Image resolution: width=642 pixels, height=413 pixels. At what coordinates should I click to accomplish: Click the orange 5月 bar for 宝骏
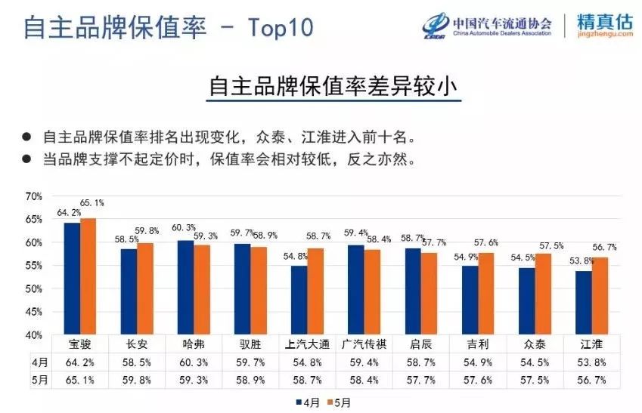(88, 276)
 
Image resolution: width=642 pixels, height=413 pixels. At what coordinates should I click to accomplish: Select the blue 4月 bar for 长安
(129, 291)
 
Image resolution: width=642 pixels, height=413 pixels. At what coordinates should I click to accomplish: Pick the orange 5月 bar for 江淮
(601, 295)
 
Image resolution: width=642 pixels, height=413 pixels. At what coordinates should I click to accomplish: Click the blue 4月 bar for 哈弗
(185, 287)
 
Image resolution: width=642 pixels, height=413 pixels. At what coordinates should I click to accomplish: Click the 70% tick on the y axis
(34, 196)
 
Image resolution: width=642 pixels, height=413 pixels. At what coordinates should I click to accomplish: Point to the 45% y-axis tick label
(34, 312)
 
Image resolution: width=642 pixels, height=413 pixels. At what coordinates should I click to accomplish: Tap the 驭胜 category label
(252, 344)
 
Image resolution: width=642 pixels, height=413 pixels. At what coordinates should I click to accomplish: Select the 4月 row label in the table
(39, 362)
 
